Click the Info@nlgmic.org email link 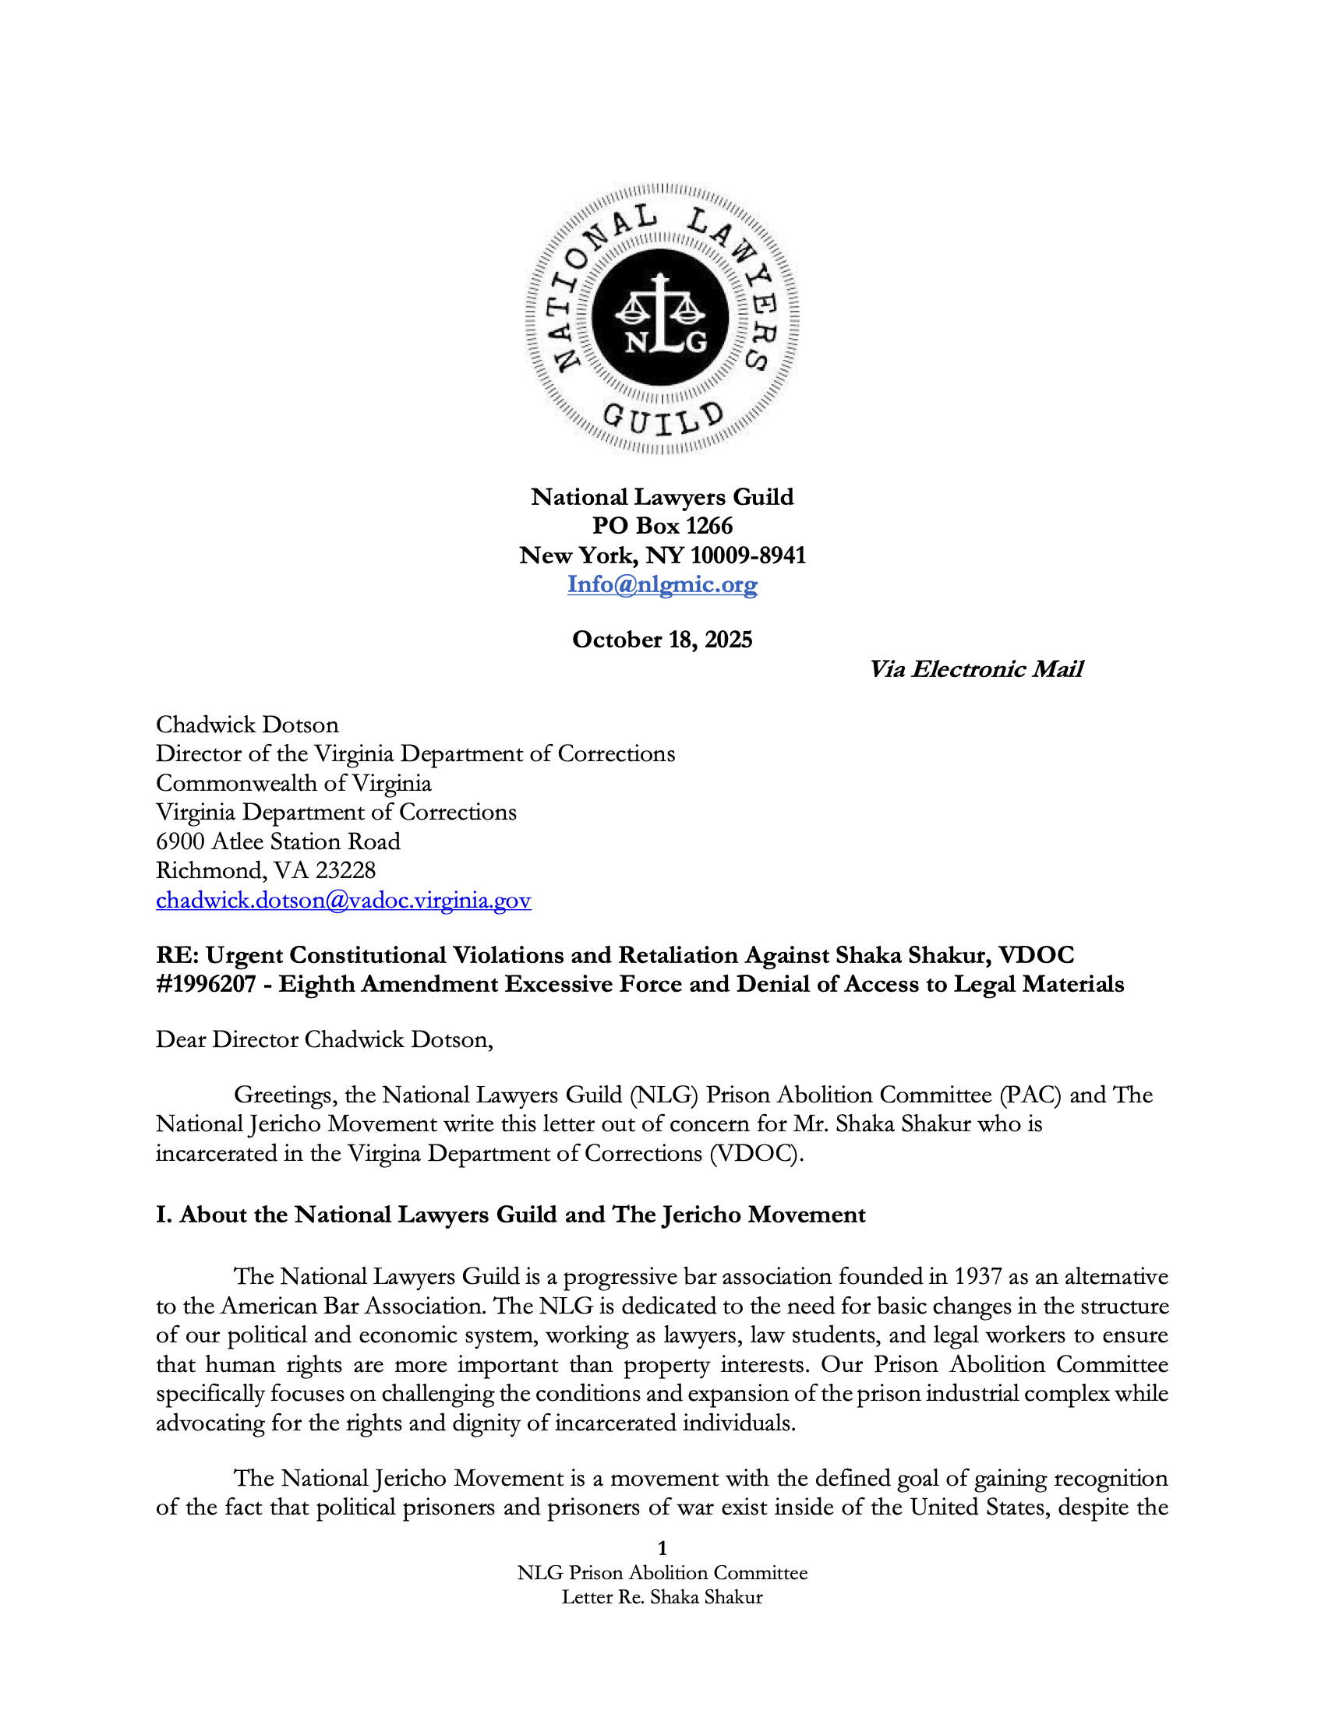click(662, 584)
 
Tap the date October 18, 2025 click(662, 640)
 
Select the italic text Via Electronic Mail click(976, 668)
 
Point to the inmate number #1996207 click(206, 984)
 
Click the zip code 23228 click(345, 870)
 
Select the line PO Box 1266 click(662, 526)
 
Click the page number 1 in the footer click(662, 1547)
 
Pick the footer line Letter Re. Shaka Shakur click(662, 1597)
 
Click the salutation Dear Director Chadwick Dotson click(324, 1039)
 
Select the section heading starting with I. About click(511, 1214)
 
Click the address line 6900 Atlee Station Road click(278, 841)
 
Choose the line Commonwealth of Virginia click(294, 783)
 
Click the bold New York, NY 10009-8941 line click(662, 555)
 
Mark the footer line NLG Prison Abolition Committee click(662, 1573)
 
